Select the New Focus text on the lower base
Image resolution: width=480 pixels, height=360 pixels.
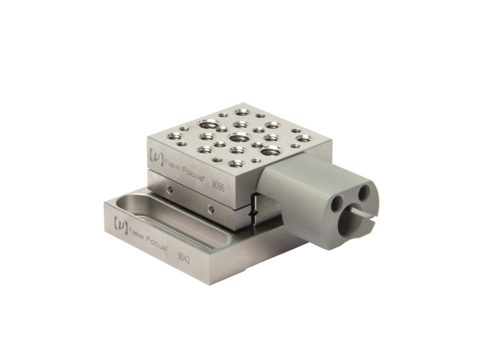point(146,236)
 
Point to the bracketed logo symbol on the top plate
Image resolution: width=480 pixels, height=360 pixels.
point(154,155)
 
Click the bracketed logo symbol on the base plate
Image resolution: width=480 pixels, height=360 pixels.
point(119,224)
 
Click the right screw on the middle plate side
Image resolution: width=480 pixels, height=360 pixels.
point(211,209)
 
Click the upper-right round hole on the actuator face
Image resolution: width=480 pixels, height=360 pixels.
point(364,193)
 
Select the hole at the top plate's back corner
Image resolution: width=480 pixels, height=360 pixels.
point(242,112)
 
